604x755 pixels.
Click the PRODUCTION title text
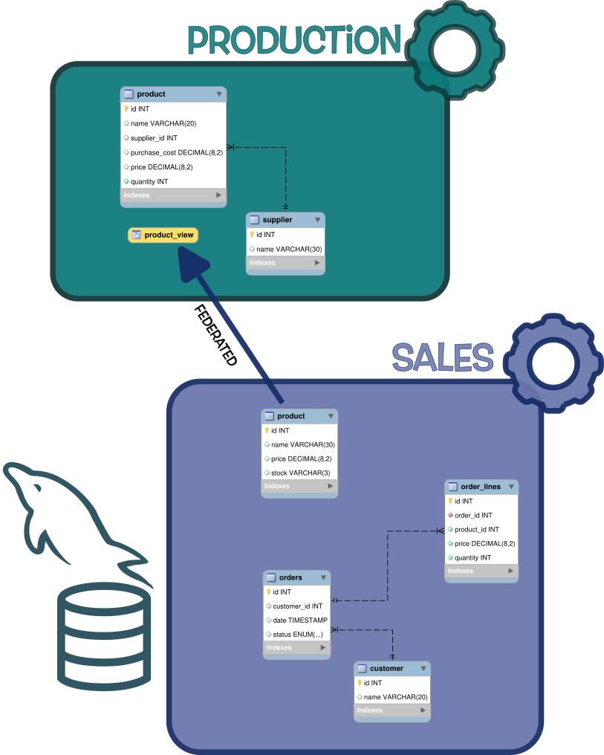[293, 39]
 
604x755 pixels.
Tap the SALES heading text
[442, 357]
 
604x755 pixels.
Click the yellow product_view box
[163, 235]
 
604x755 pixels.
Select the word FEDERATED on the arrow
[215, 335]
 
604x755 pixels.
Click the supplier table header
[285, 220]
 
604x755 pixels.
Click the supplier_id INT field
[153, 137]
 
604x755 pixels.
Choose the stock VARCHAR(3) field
[300, 473]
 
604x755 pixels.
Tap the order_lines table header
[481, 487]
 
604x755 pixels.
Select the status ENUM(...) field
[296, 634]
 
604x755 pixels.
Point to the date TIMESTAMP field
[299, 620]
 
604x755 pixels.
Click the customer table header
[392, 668]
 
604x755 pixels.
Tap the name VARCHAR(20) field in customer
[394, 696]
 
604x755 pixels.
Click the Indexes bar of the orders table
[296, 648]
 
